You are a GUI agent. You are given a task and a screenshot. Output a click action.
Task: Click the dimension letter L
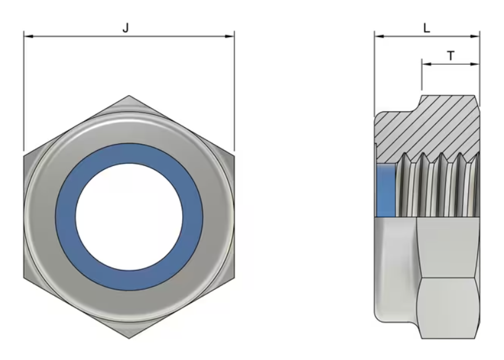point(427,28)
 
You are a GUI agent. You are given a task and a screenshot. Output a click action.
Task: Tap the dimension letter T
point(451,56)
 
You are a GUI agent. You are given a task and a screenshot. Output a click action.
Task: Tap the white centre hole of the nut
point(129,216)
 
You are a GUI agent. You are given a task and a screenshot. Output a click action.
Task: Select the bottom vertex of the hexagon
point(129,338)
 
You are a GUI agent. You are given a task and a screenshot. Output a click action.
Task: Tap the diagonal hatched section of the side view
point(432,127)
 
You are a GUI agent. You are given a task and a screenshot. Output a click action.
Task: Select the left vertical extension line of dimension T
point(421,77)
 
